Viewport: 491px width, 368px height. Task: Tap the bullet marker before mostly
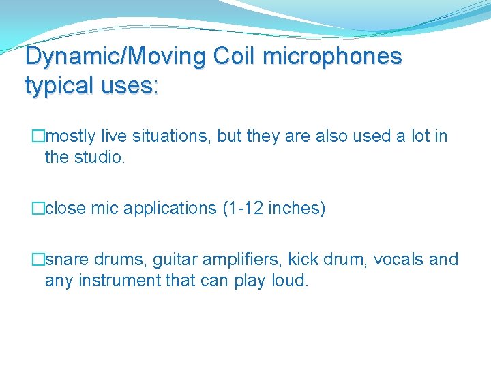(x=38, y=136)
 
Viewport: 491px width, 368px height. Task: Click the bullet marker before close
(x=38, y=209)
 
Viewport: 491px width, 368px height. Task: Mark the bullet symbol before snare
(x=38, y=260)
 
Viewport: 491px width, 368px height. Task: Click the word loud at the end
(x=290, y=280)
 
